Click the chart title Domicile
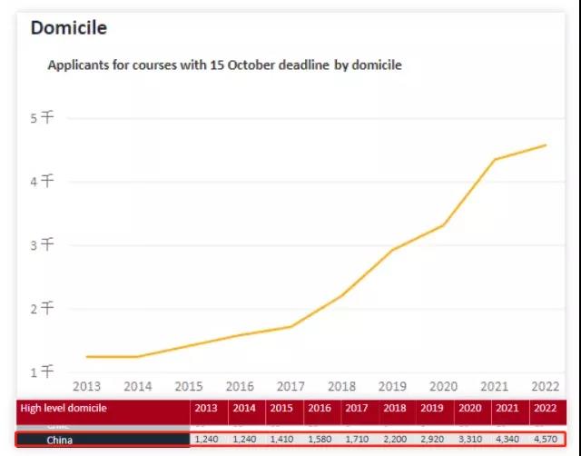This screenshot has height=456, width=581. pos(69,28)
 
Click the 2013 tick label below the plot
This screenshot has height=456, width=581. pos(87,386)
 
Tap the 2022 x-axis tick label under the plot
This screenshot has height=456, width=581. pos(545,386)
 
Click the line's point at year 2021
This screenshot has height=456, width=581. pos(495,160)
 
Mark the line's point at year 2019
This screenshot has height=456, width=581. pos(392,250)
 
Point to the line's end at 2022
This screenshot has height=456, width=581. pos(546,145)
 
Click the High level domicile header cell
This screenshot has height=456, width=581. pos(64,409)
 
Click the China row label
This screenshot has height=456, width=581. pos(60,441)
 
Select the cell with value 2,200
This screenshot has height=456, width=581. pos(396,441)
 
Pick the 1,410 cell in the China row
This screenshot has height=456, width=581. pos(282,441)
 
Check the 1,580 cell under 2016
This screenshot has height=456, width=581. pos(320,441)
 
